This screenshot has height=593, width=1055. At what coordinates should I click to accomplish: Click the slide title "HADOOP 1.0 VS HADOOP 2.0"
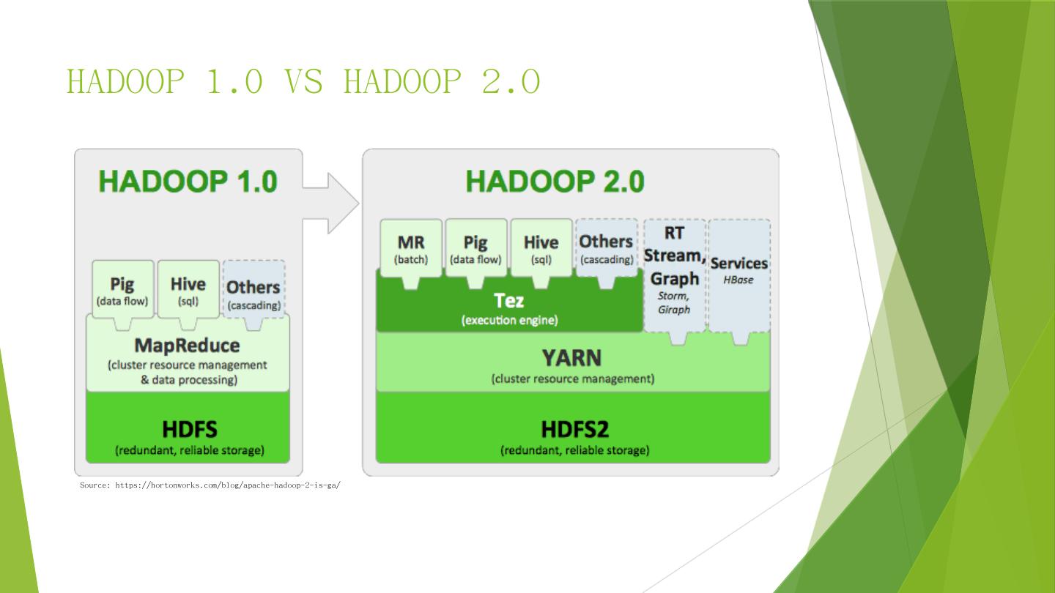303,81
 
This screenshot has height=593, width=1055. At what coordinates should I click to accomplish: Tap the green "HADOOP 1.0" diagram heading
188,181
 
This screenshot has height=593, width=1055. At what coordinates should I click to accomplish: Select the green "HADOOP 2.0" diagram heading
555,181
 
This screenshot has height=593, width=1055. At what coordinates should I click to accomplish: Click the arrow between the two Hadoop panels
331,203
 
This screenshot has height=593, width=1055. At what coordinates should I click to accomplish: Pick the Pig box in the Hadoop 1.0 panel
122,290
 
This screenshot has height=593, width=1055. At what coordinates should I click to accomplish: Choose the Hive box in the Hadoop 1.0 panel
188,290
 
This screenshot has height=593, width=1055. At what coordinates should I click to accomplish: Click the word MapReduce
187,345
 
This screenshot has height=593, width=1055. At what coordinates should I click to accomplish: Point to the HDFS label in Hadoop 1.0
189,429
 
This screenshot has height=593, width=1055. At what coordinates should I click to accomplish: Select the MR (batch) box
411,248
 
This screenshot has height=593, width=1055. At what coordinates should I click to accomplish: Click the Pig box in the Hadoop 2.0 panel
475,248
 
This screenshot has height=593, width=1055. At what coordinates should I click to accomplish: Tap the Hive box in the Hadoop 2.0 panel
541,248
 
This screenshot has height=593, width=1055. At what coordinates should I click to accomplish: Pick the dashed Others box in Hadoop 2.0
606,247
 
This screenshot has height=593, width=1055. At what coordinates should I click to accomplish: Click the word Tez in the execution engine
509,301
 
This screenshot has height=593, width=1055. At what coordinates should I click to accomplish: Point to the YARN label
571,358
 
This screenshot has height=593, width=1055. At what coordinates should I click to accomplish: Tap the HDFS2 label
574,429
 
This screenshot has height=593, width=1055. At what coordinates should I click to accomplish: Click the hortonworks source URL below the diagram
210,485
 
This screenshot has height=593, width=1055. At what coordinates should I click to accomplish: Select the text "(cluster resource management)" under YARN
572,379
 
